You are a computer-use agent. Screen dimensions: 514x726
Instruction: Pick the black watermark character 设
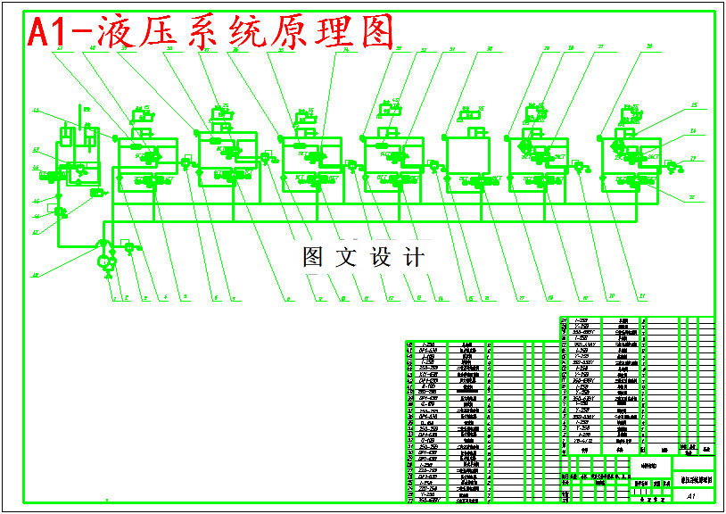[x=381, y=258]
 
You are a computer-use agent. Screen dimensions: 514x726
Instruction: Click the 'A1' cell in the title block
[x=691, y=496]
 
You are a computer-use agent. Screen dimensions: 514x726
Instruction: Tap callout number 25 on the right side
[x=693, y=105]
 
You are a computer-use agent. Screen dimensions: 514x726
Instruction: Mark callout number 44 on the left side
[x=37, y=112]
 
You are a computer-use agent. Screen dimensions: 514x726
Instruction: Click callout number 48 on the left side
[x=36, y=275]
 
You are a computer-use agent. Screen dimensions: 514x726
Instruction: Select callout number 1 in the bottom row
[x=113, y=297]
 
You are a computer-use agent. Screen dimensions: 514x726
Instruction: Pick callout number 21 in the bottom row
[x=640, y=297]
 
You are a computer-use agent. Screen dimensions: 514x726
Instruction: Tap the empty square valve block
[x=466, y=154]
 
